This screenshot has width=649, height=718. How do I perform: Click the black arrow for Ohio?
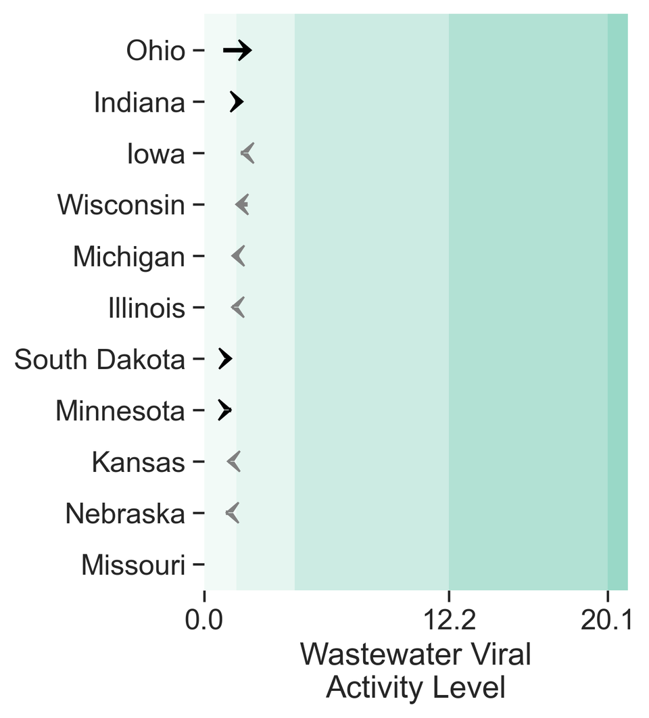pos(237,50)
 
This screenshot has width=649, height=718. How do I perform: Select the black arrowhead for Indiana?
pos(237,102)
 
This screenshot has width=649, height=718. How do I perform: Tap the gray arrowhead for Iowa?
pos(247,153)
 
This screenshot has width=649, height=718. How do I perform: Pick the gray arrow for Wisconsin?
pos(242,204)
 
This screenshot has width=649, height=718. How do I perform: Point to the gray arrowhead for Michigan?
pos(238,256)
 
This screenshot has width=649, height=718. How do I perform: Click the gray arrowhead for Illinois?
pos(238,307)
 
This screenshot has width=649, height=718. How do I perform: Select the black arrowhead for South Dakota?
pos(225,359)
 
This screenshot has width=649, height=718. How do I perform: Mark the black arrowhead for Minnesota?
pos(224,410)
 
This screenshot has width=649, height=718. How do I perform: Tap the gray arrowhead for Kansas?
pos(233,462)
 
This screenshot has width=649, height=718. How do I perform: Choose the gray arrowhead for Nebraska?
pos(233,513)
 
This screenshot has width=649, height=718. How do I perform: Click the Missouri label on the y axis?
pos(133,565)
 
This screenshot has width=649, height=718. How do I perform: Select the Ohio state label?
pos(155,51)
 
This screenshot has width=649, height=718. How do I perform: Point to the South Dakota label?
pos(99,360)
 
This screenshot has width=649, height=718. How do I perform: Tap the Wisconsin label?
pos(121,205)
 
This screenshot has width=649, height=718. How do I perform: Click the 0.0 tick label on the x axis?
pos(204,619)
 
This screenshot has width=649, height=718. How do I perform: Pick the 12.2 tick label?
pos(449,619)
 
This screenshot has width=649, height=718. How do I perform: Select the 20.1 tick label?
pos(606,619)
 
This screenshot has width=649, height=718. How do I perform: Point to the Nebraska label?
pos(125,514)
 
